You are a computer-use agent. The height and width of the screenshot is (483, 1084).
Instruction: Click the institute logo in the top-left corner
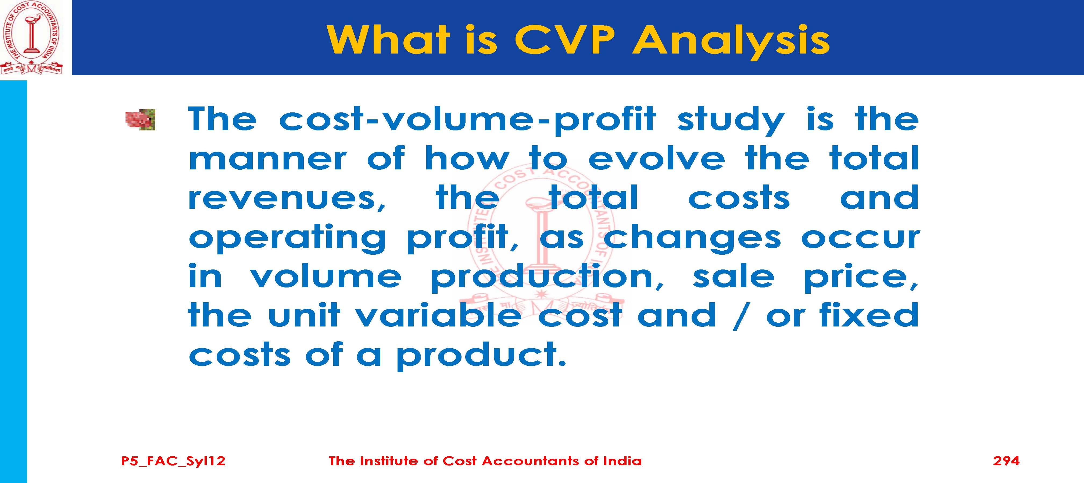[31, 37]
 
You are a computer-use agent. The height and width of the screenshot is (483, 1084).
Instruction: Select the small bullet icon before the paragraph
[141, 120]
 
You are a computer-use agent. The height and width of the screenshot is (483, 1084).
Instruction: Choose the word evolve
[656, 159]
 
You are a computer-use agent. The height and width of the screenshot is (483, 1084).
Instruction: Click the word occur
[860, 238]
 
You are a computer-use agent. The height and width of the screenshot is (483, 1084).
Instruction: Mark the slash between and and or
[740, 315]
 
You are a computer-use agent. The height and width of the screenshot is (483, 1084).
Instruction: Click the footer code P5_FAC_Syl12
[173, 461]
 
